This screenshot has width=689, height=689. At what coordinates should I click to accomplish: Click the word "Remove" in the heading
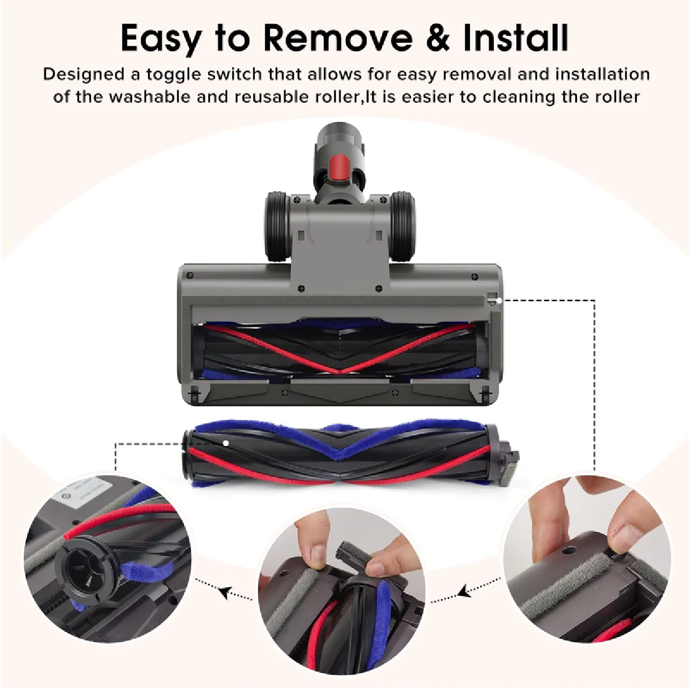(x=338, y=38)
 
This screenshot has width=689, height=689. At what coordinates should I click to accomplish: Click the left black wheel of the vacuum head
(x=277, y=227)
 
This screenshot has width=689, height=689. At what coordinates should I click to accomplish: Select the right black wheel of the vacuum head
(x=402, y=227)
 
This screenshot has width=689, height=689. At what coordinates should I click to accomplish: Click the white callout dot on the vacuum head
(x=499, y=301)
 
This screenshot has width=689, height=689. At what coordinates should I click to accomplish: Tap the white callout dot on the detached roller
(x=226, y=443)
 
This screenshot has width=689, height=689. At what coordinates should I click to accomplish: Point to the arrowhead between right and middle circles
(x=463, y=591)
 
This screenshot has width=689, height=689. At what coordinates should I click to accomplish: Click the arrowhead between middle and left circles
(x=224, y=593)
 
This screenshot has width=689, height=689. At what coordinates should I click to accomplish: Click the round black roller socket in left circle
(x=82, y=574)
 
